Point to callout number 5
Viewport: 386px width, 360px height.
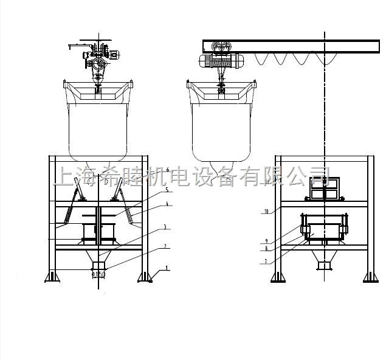(x=166, y=190)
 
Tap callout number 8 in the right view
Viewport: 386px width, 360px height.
(x=266, y=248)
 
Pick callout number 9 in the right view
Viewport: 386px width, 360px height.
(x=266, y=240)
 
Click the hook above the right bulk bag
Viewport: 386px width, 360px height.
(x=222, y=88)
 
